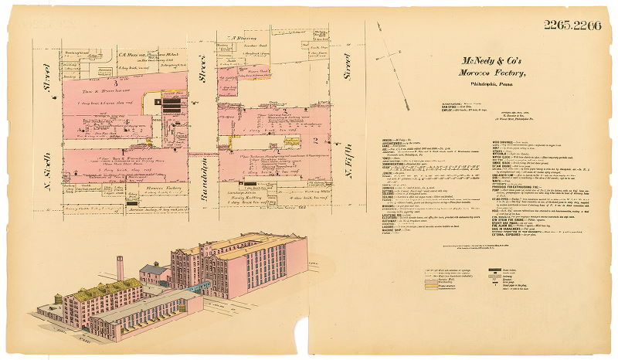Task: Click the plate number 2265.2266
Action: (x=572, y=25)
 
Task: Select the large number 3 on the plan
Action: (x=93, y=83)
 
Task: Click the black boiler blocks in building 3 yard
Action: (x=173, y=104)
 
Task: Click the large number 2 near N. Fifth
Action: (x=316, y=139)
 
